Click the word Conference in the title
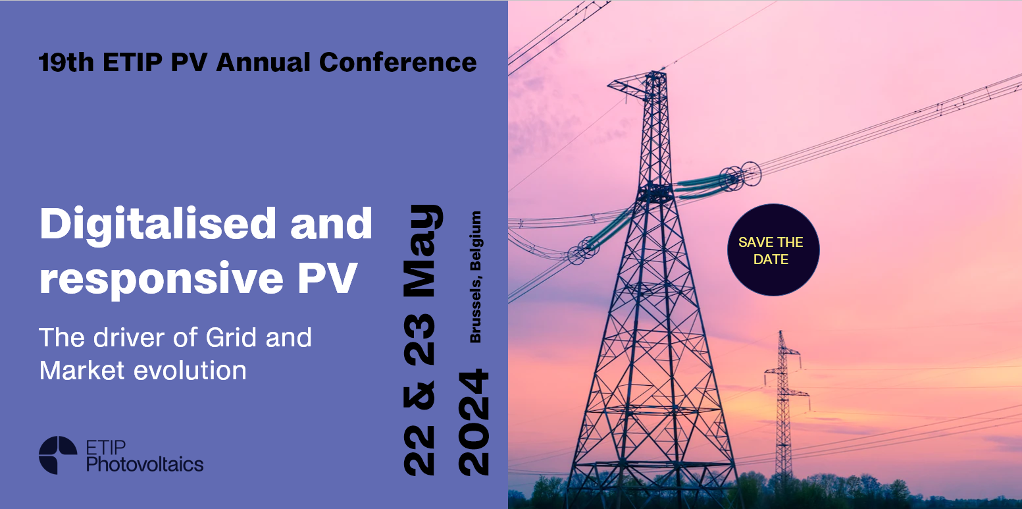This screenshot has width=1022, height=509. click(398, 62)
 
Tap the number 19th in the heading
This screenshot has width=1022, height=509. click(66, 62)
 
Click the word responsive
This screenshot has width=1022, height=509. click(161, 279)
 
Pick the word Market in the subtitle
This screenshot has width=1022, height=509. click(82, 370)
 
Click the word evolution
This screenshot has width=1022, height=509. click(190, 370)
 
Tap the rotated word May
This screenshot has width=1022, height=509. click(423, 251)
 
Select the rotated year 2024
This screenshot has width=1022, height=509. click(474, 422)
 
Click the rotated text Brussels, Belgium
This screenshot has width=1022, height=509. click(475, 277)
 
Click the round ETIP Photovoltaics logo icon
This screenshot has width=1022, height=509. click(58, 455)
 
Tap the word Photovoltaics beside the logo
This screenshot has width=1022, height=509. click(145, 464)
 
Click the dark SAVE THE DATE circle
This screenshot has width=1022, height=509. click(773, 250)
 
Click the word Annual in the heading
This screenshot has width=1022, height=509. click(263, 62)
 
